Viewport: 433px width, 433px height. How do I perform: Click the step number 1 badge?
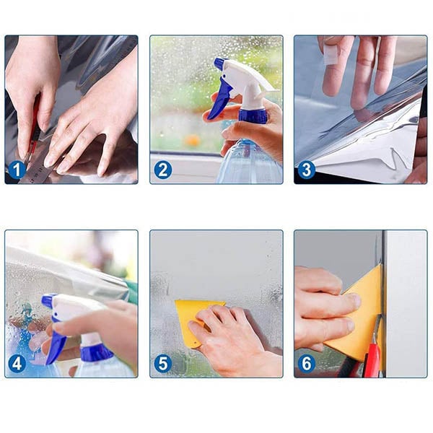coord(17,170)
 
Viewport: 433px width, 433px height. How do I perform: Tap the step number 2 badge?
coord(162,170)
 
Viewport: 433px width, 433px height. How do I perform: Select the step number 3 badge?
coord(307,170)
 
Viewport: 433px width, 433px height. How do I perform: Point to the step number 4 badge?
coord(17,364)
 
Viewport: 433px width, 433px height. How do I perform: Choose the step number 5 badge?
coord(162,364)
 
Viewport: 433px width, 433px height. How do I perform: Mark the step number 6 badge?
coord(307,364)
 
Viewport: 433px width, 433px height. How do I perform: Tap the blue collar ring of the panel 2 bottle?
coord(253,115)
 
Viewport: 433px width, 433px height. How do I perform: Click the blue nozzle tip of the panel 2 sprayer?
coord(219,63)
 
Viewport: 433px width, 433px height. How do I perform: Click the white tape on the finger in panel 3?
coord(329,56)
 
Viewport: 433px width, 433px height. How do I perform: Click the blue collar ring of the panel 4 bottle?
coord(96,353)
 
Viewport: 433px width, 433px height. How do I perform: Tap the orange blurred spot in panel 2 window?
coord(193,140)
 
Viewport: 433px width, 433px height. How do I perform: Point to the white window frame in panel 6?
coord(405,304)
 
